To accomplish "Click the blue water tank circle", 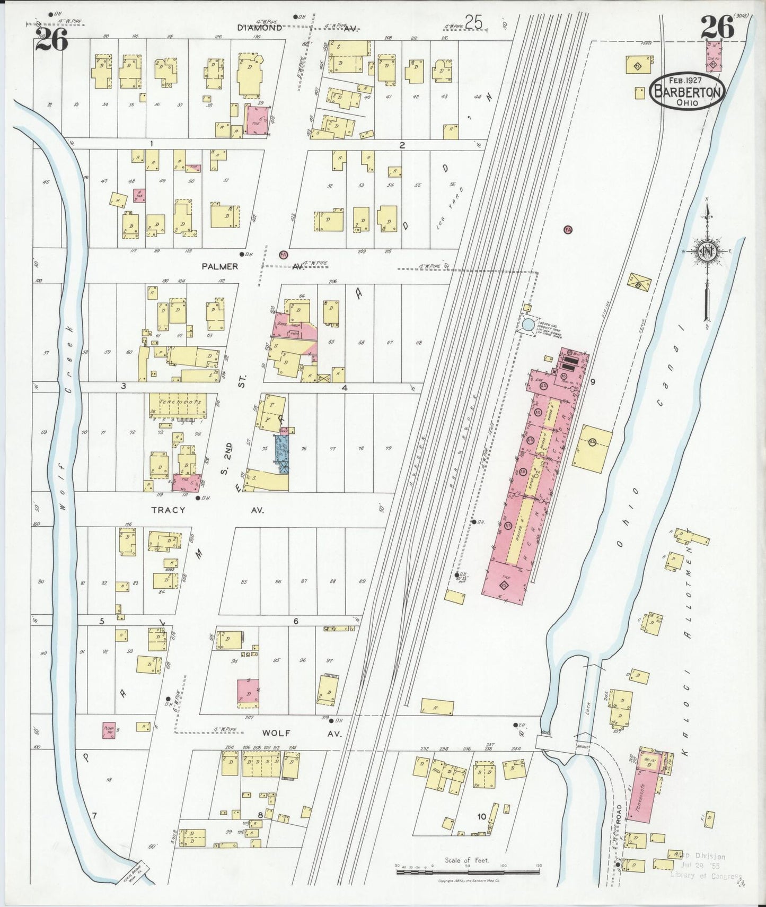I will click(529, 325).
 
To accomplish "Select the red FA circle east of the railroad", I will click(568, 230).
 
